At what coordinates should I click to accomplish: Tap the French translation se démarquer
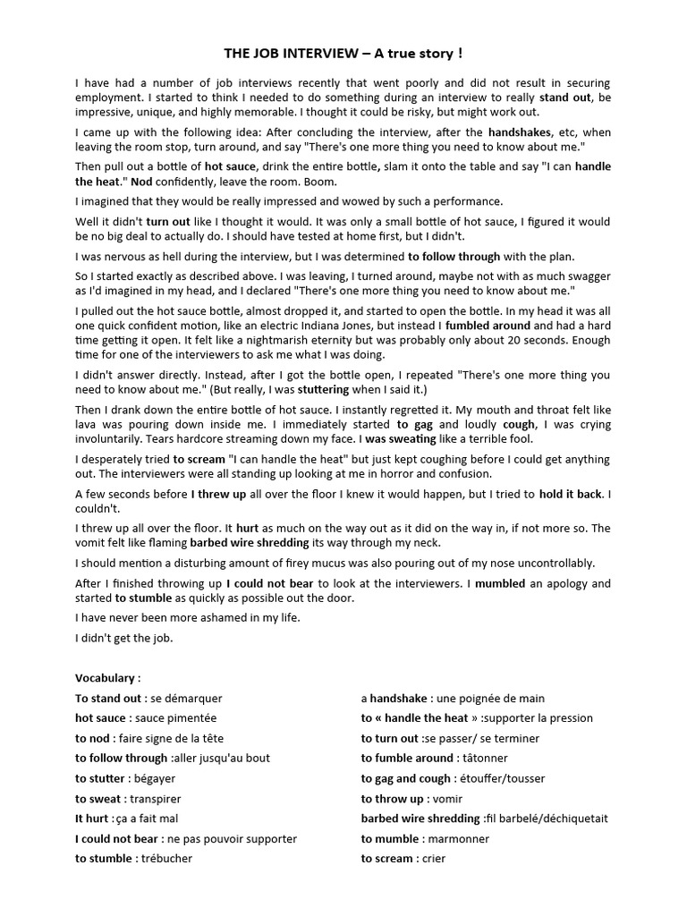coord(186,699)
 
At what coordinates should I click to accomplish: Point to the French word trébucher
coord(165,859)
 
